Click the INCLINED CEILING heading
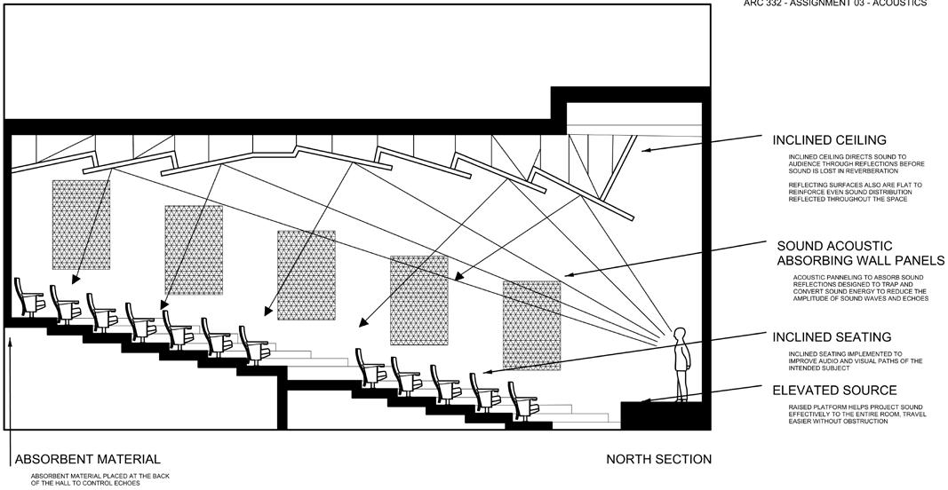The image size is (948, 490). pyautogui.click(x=829, y=140)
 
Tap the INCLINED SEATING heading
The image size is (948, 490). pyautogui.click(x=832, y=337)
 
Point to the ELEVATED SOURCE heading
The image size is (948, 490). pyautogui.click(x=834, y=391)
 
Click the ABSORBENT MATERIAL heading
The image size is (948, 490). pyautogui.click(x=88, y=460)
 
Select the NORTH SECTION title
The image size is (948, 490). pyautogui.click(x=658, y=460)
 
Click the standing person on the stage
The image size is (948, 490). pyautogui.click(x=681, y=364)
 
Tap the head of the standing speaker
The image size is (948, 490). pyautogui.click(x=681, y=334)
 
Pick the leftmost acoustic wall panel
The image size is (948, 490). pyautogui.click(x=81, y=225)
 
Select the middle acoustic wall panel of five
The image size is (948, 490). pyautogui.click(x=306, y=275)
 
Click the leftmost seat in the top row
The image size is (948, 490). pyautogui.click(x=28, y=297)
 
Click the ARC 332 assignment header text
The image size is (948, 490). pyautogui.click(x=834, y=4)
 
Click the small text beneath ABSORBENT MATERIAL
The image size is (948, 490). pyautogui.click(x=85, y=479)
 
